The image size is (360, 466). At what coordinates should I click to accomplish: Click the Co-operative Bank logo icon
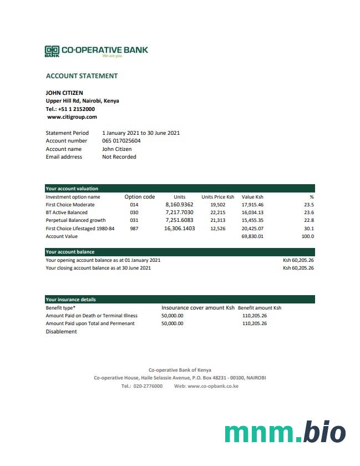coord(52,51)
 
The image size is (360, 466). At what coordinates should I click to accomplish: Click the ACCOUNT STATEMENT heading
coord(82,76)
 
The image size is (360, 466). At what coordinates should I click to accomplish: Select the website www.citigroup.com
coord(72,117)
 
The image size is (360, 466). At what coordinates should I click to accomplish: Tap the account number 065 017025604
coord(121,141)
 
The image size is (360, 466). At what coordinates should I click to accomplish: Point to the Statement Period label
coord(67,133)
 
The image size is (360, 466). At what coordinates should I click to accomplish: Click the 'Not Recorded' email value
coord(119,157)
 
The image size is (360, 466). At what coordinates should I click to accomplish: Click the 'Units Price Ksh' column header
coord(218,197)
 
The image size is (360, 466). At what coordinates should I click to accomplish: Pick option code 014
coord(134,205)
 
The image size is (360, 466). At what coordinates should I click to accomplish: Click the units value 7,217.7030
coord(179,212)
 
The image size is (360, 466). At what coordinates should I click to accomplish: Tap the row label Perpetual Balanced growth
coord(75,221)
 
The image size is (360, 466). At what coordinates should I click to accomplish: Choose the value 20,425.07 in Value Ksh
coord(252,229)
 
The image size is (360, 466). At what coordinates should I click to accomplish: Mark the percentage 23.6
coord(309,212)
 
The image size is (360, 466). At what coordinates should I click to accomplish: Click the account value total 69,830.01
coord(252,236)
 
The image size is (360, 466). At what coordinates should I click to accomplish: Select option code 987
coord(134,229)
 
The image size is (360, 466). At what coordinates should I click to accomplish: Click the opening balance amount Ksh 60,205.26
coord(298,260)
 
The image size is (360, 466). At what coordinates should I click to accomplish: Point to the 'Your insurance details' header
coord(70,300)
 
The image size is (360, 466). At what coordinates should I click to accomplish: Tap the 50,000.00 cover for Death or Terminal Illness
coord(173,316)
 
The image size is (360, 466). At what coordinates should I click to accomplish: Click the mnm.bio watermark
coord(285,433)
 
